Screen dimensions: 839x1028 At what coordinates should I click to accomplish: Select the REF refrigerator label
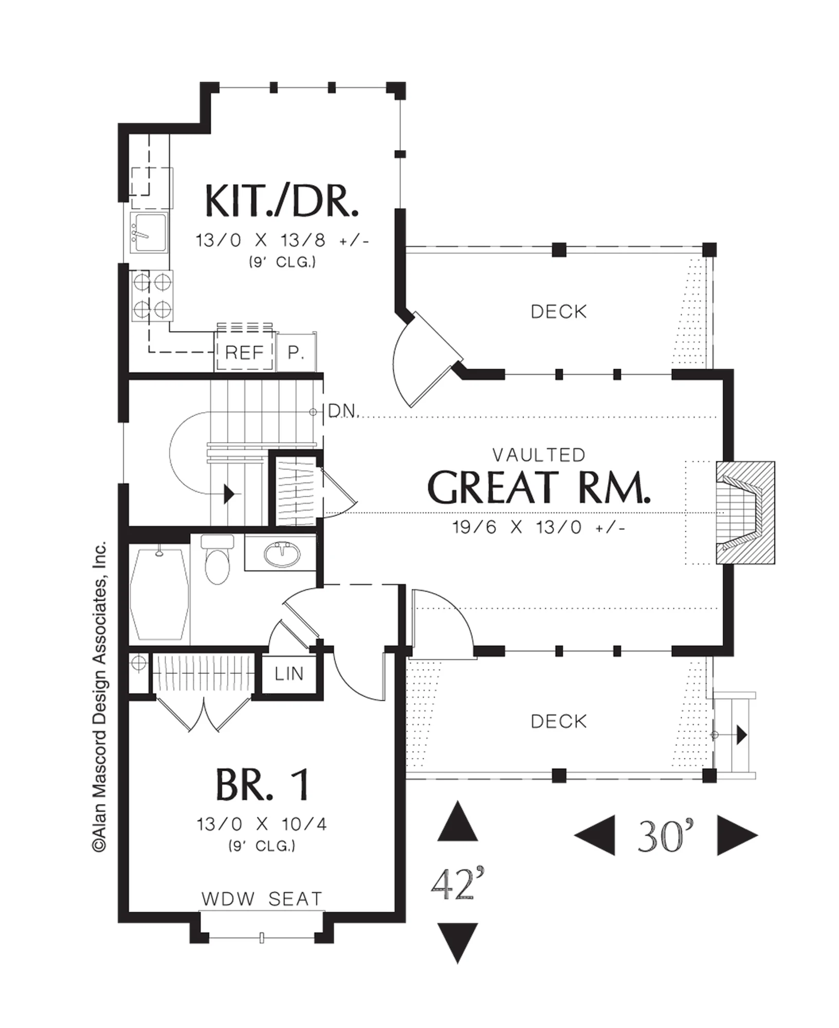click(244, 353)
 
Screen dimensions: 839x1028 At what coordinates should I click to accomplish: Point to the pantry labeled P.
click(296, 353)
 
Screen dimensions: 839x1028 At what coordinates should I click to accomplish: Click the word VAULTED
click(539, 455)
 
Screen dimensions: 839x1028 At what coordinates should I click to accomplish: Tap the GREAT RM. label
click(539, 487)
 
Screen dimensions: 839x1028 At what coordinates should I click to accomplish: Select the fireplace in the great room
click(745, 512)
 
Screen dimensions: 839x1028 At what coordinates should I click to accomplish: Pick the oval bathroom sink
click(281, 555)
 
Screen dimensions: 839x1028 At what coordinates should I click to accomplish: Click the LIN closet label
click(289, 674)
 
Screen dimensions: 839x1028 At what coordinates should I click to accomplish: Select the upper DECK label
click(559, 311)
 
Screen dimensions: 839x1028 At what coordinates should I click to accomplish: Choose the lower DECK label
click(559, 722)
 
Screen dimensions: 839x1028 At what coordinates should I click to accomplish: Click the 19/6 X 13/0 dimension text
click(539, 527)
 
